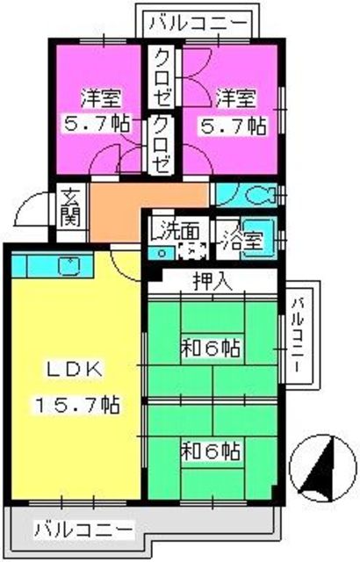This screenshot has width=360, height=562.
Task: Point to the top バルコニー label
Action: point(197,22)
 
